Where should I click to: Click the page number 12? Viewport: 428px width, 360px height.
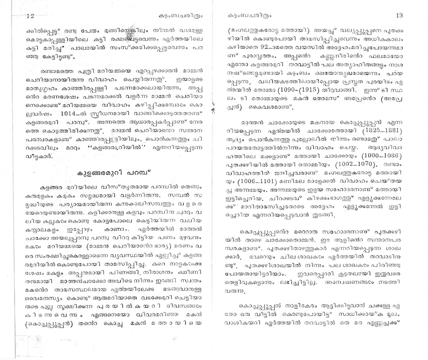tap(30, 16)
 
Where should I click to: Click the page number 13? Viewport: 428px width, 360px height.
tap(399, 15)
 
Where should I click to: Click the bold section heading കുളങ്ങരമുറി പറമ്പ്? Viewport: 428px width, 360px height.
tap(113, 174)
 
